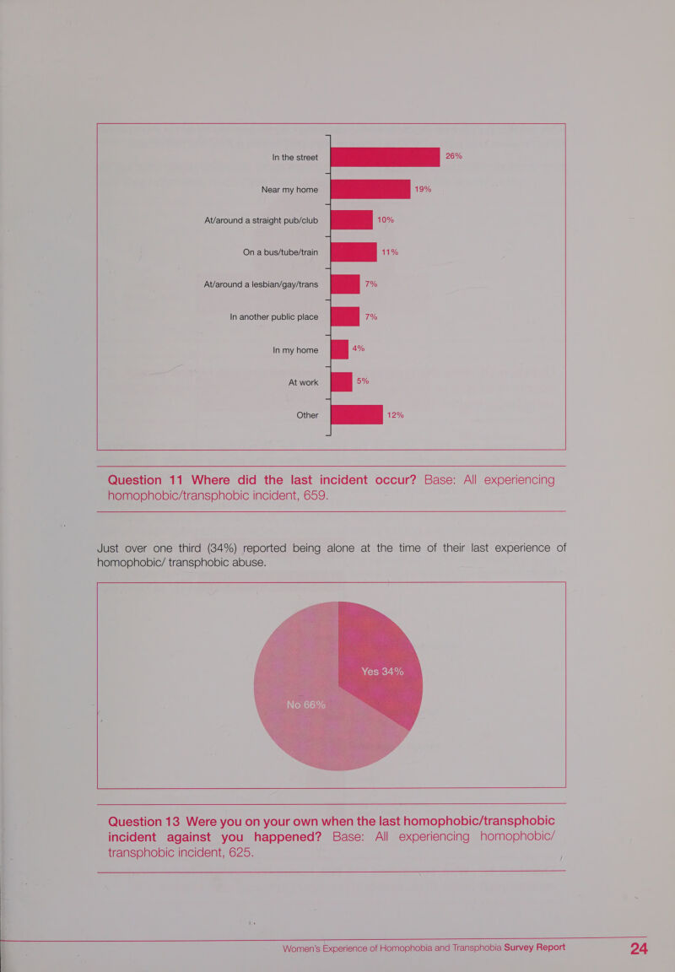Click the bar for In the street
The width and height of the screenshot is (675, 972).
pos(385,157)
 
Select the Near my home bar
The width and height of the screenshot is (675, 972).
pos(370,189)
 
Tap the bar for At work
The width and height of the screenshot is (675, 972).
pos(341,382)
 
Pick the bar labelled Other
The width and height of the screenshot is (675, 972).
pos(356,415)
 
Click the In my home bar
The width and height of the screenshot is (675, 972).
pos(339,349)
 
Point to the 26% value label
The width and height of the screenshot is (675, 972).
pos(454,156)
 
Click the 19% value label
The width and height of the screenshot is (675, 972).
pos(423,189)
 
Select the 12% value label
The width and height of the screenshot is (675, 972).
pos(396,415)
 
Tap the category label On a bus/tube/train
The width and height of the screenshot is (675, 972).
pos(280,252)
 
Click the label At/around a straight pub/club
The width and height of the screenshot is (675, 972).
pos(261,220)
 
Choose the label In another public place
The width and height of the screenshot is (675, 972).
pos(274,316)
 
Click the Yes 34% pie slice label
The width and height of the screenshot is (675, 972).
pos(382,672)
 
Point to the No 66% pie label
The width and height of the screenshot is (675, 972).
pos(305,705)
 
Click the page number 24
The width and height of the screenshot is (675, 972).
pos(639,948)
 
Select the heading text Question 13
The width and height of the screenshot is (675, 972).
pos(143,821)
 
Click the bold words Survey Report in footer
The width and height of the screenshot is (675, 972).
pos(534,948)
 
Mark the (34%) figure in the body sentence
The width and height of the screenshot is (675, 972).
pos(221,548)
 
